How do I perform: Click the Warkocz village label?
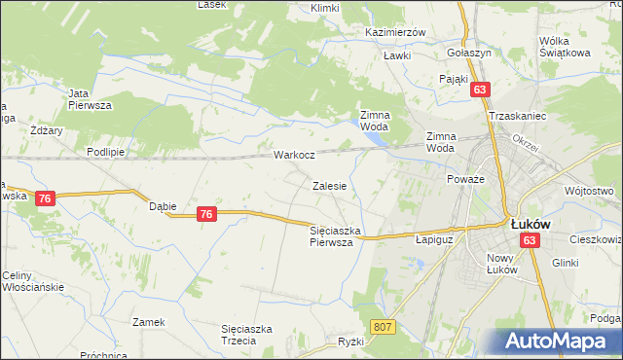(293, 155)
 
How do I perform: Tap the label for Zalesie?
(329, 185)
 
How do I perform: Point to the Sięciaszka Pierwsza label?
(336, 236)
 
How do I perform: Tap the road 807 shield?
(384, 328)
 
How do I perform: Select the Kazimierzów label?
(395, 32)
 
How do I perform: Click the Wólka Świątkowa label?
(566, 47)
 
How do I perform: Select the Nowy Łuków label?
(506, 264)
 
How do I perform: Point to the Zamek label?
(150, 322)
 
